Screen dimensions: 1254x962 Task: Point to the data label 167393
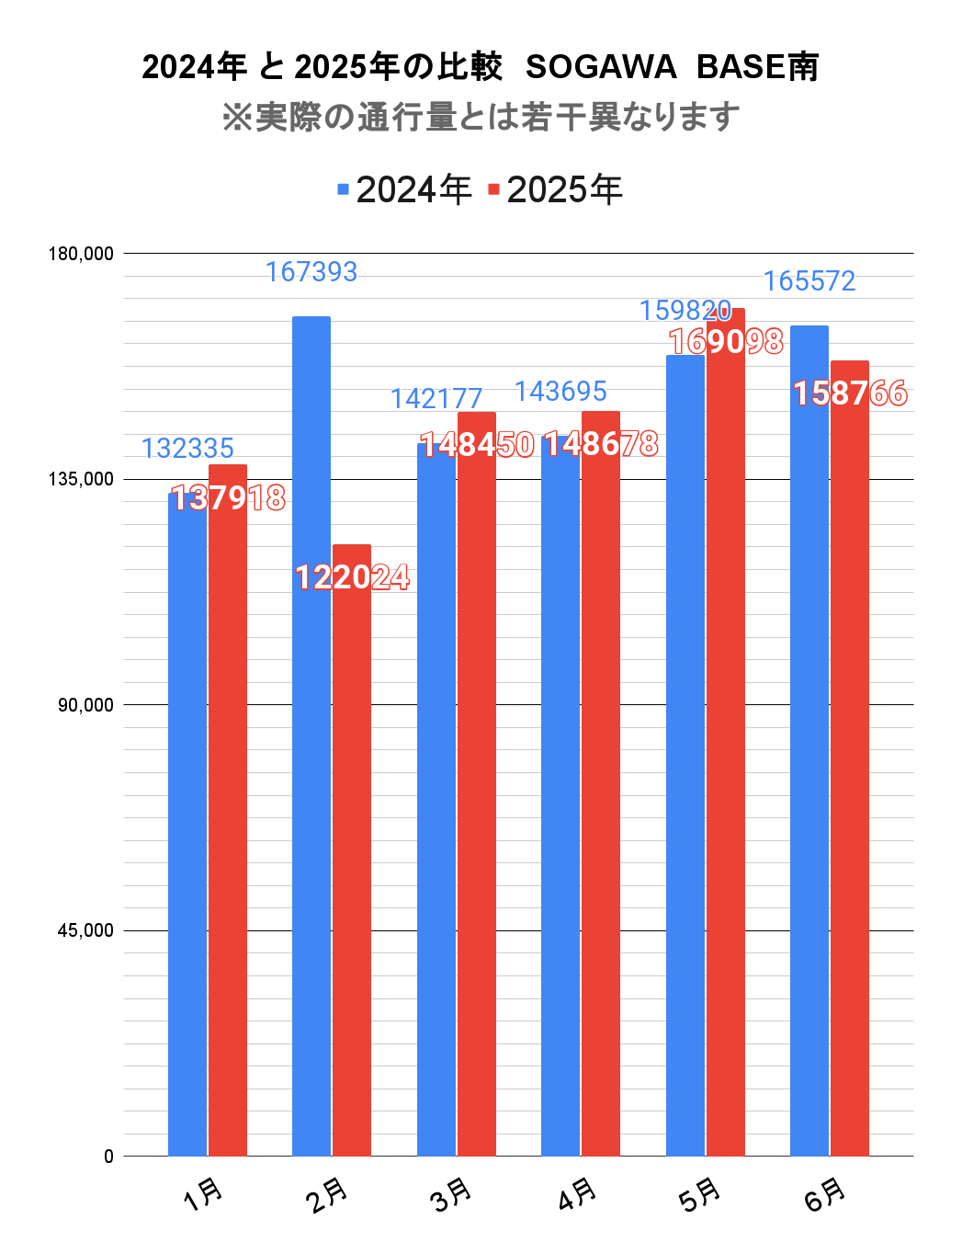311,272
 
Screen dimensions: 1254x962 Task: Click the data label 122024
353,577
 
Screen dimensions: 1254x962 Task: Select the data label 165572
809,281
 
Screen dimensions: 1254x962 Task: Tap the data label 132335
187,449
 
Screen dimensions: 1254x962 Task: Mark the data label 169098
726,342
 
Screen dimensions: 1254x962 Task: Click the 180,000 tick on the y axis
81,254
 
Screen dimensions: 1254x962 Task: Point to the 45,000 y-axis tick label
85,930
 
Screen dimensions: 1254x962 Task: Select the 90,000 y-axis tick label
85,705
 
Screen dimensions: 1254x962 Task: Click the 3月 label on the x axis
451,1195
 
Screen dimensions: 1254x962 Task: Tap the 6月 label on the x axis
825,1195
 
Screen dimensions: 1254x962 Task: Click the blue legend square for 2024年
344,190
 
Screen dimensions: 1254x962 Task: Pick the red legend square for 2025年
493,190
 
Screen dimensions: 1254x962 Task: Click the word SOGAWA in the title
601,67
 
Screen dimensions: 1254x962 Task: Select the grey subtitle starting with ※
481,117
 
